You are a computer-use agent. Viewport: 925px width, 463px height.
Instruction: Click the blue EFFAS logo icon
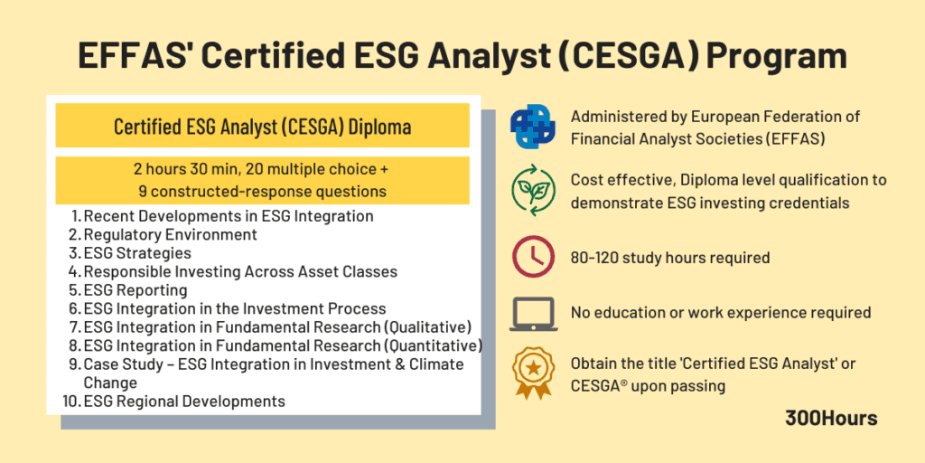point(533,128)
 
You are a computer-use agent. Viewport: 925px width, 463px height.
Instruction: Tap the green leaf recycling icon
point(533,191)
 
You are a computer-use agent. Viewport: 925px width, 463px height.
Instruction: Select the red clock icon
point(533,257)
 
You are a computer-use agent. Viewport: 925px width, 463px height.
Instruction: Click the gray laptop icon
point(533,313)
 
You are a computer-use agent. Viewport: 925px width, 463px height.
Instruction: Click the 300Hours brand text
point(831,418)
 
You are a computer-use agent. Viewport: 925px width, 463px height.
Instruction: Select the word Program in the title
point(777,56)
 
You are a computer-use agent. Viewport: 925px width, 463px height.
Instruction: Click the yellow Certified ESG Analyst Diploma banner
point(262,127)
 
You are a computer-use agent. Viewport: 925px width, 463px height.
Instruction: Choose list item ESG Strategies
point(137,253)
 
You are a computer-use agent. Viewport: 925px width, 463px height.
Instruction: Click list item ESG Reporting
point(135,290)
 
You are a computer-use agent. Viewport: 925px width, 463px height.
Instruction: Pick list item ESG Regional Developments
point(184,401)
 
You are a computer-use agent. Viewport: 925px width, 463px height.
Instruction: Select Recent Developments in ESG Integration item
point(228,216)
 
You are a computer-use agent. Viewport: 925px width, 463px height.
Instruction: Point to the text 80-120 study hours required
point(670,258)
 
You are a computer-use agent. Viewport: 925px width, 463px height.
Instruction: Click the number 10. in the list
point(71,401)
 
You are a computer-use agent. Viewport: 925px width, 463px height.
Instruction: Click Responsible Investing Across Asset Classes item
point(240,271)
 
